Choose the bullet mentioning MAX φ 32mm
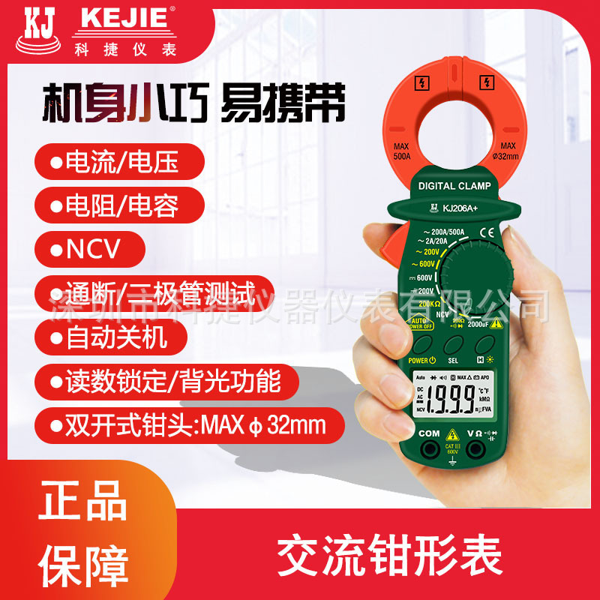click(x=187, y=426)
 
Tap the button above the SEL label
click(x=452, y=345)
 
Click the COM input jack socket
click(x=428, y=450)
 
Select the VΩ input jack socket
click(x=475, y=450)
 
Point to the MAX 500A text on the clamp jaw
click(x=401, y=149)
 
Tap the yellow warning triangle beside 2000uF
click(x=495, y=322)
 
